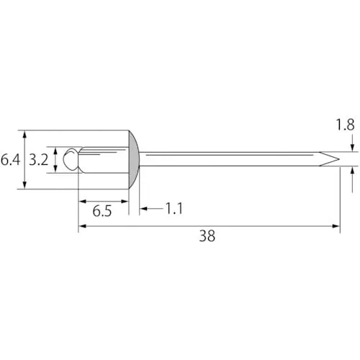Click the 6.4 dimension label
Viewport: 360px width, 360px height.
pos(10,160)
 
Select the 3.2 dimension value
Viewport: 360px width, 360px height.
pos(39,160)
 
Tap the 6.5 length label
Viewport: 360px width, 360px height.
pos(102,211)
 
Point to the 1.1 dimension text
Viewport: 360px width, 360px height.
pos(174,209)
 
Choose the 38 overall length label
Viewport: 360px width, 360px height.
pos(207,236)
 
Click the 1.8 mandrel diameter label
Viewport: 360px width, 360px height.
pos(345,125)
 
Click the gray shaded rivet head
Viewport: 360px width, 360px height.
pos(134,160)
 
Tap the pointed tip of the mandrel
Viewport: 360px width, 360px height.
pos(339,159)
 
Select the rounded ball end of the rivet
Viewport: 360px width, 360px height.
pos(71,159)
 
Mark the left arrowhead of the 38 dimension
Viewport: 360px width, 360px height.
pos(82,226)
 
